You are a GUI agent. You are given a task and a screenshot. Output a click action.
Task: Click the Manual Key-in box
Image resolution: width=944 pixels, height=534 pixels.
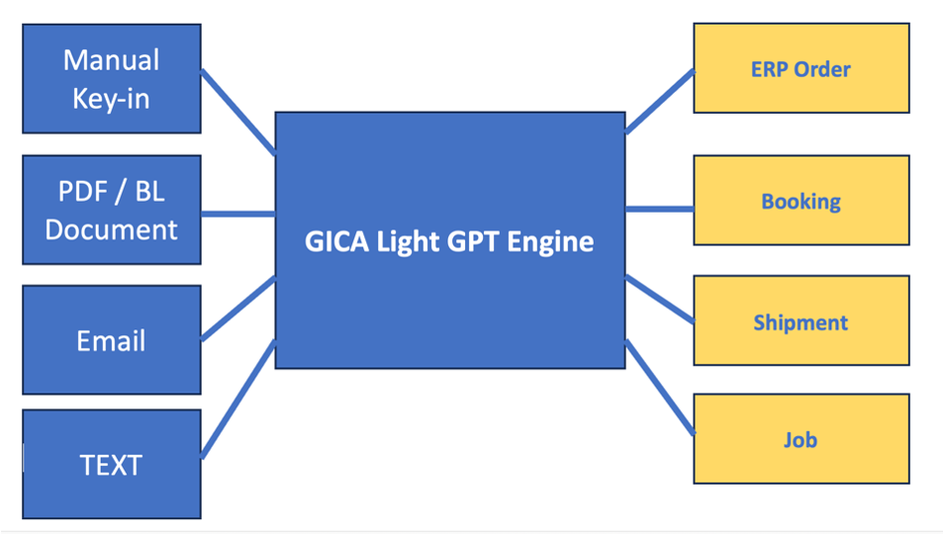click(x=111, y=78)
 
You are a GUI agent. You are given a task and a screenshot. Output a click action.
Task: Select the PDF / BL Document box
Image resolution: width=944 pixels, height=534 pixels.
click(x=111, y=210)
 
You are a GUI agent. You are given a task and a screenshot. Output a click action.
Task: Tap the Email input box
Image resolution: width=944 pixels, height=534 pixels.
click(x=111, y=340)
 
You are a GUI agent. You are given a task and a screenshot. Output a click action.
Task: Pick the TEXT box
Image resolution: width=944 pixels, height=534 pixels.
click(x=111, y=464)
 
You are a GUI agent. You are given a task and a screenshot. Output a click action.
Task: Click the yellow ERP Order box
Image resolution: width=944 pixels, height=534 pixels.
click(x=801, y=69)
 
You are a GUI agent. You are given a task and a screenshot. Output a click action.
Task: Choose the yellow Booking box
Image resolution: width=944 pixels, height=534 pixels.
click(x=801, y=201)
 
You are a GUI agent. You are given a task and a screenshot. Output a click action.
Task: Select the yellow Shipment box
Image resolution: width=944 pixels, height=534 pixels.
click(x=801, y=322)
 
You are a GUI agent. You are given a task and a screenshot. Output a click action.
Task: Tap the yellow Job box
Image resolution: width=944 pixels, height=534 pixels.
click(x=801, y=439)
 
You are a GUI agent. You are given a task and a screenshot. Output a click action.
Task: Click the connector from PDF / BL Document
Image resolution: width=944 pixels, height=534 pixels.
click(x=237, y=213)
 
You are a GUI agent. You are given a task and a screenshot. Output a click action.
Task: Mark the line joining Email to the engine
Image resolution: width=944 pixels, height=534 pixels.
click(x=237, y=309)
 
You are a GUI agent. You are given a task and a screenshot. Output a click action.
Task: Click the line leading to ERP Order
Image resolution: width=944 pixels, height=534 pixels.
click(x=659, y=101)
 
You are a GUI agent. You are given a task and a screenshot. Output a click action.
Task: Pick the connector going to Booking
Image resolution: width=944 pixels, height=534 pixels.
click(x=659, y=209)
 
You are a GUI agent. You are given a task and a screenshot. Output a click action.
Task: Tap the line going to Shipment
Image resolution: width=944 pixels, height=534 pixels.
click(x=659, y=299)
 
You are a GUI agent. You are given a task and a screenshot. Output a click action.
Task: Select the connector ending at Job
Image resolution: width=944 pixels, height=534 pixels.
click(x=659, y=387)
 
